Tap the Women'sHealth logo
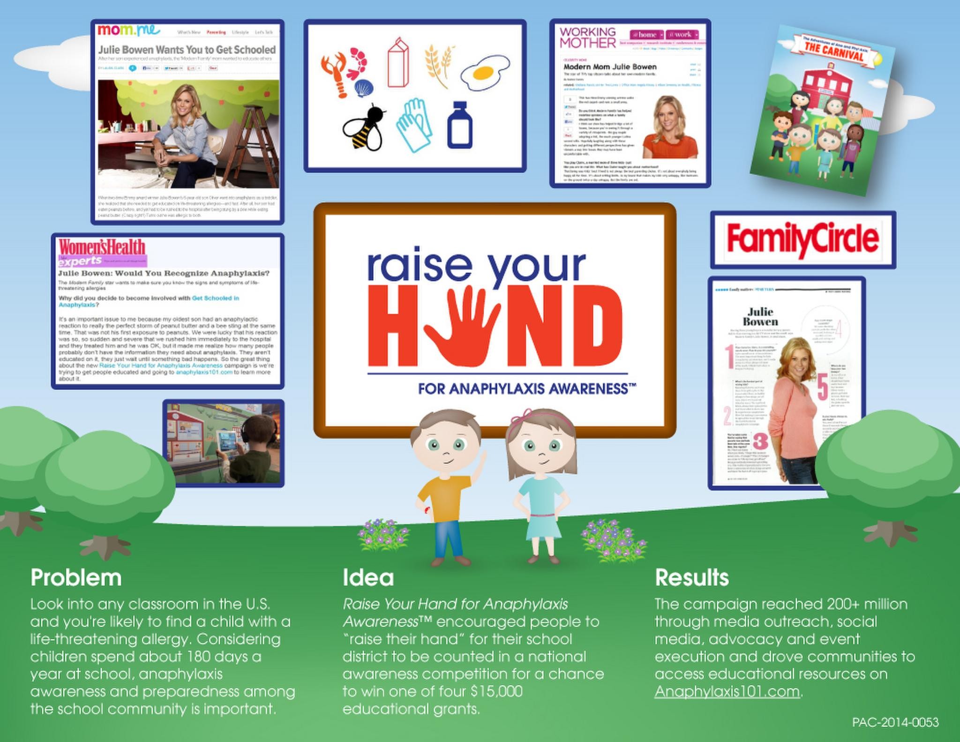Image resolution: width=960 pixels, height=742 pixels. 102,247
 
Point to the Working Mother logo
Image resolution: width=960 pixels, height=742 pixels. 588,37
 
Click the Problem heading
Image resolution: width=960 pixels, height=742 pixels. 76,577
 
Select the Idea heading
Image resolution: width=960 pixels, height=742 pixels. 368,577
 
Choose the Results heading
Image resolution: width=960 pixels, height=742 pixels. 691,577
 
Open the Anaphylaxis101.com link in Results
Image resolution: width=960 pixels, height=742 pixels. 727,692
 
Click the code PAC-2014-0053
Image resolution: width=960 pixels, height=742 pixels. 895,722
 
